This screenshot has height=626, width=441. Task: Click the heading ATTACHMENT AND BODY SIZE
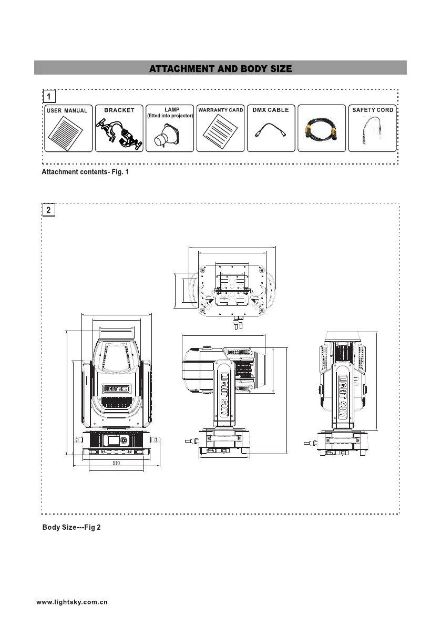(220, 69)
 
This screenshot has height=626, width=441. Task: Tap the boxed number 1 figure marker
(49, 97)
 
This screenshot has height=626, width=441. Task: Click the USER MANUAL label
(67, 111)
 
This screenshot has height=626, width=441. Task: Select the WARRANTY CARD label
(220, 110)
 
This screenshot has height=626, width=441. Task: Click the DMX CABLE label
(271, 110)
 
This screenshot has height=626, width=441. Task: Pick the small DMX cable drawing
(271, 132)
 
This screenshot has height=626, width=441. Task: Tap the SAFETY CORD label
(372, 110)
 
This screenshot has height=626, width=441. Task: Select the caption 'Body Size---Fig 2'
(75, 527)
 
